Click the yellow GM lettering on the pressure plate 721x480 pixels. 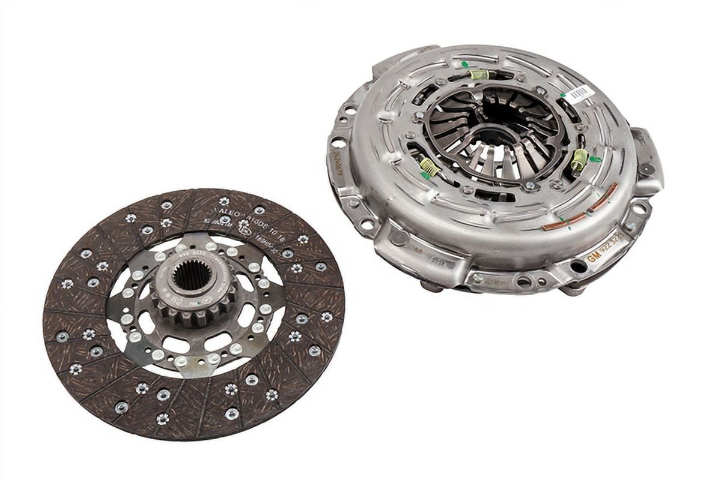click(x=594, y=256)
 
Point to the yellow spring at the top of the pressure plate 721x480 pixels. click(x=479, y=74)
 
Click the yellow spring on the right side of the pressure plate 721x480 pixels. click(x=579, y=160)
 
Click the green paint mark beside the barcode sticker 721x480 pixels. click(x=563, y=94)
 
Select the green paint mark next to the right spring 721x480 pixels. click(x=595, y=159)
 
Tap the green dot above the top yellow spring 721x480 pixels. click(x=464, y=64)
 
